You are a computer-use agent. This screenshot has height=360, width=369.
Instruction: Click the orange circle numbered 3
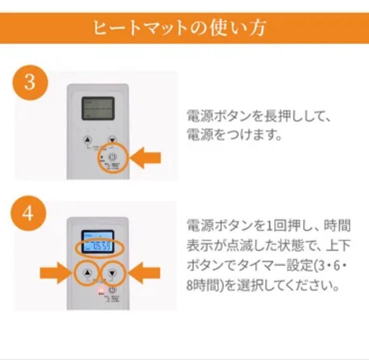(x=29, y=83)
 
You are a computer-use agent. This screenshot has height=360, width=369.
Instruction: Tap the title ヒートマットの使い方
(x=179, y=28)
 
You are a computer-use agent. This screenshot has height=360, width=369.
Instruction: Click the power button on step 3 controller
(x=113, y=157)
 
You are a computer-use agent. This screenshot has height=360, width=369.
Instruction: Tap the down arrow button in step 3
(x=112, y=140)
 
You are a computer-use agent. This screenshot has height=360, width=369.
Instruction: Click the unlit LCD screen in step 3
(x=98, y=108)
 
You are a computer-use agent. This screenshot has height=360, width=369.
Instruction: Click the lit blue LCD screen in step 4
(x=97, y=241)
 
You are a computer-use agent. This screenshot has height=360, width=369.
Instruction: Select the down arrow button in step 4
(x=112, y=273)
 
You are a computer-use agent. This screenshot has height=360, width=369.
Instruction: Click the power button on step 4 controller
(x=113, y=290)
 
